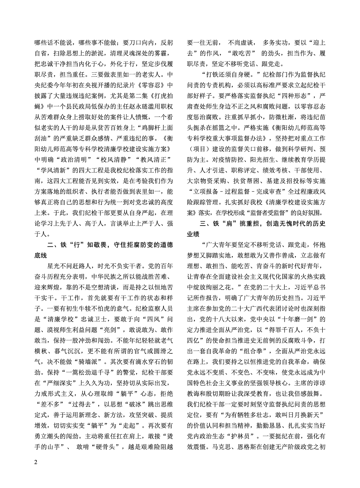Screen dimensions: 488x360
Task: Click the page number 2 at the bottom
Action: pyautogui.click(x=36, y=462)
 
